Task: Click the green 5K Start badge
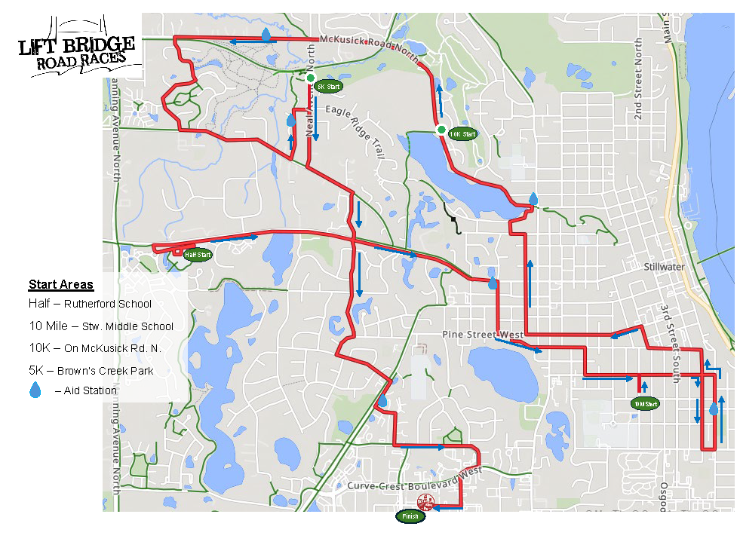pos(329,87)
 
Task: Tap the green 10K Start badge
pos(462,134)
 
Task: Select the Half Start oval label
pos(198,255)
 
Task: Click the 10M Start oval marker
pos(646,404)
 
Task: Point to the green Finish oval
pos(410,516)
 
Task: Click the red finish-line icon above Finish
pos(425,503)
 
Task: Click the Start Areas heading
pos(61,285)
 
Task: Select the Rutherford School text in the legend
pos(108,304)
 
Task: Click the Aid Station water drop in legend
pos(35,390)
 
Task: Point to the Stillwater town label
pos(663,268)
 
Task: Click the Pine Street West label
pos(484,335)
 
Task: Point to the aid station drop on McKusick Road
pos(267,35)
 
